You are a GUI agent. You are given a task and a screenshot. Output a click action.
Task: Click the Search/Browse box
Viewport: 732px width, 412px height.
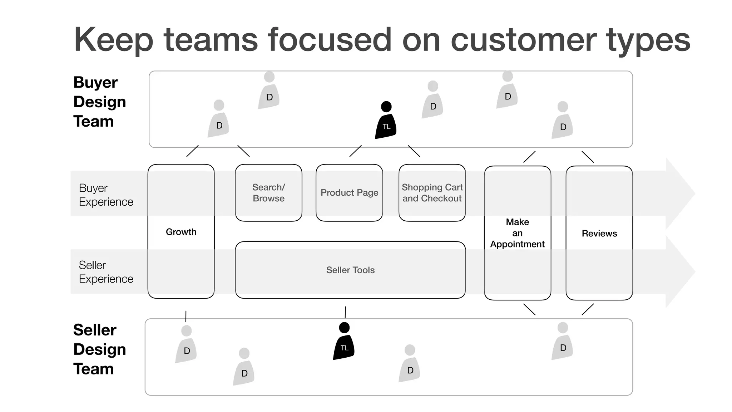click(x=268, y=193)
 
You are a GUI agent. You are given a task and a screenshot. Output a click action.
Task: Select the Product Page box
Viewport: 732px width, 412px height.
click(x=349, y=193)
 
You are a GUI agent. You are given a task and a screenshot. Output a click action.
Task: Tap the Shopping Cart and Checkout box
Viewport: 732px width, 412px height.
click(x=432, y=193)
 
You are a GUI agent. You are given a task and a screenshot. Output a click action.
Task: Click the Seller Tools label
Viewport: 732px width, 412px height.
click(x=350, y=270)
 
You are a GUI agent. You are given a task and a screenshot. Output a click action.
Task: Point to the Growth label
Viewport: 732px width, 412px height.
click(x=181, y=232)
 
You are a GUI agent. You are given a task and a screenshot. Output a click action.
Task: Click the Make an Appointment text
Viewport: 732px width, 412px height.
click(x=517, y=233)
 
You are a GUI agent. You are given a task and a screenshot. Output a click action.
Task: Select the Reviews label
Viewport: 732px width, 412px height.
click(x=599, y=233)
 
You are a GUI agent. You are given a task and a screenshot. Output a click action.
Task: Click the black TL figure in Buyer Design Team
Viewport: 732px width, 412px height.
click(x=386, y=122)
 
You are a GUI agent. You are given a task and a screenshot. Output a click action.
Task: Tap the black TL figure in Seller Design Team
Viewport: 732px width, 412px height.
click(x=344, y=343)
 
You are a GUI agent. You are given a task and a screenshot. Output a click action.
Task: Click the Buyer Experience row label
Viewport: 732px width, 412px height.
click(x=106, y=195)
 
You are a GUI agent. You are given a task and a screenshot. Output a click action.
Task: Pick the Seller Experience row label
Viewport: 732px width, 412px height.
click(x=106, y=272)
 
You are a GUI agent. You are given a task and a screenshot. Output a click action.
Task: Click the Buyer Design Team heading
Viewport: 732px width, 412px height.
click(x=99, y=102)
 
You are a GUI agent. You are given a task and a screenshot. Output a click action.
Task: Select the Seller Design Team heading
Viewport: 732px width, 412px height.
click(x=99, y=349)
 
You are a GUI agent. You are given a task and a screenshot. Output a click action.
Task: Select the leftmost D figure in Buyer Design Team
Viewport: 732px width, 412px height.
click(x=218, y=120)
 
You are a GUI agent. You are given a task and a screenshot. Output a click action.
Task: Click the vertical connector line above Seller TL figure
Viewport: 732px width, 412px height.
click(x=345, y=312)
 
